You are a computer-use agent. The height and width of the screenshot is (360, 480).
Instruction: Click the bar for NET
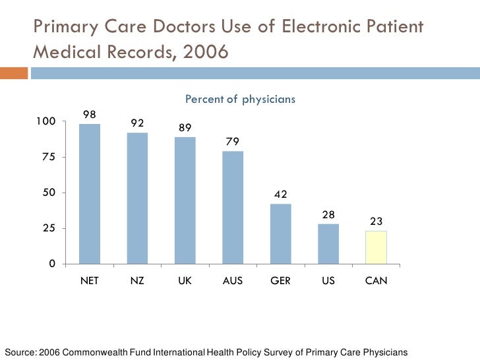pos(90,194)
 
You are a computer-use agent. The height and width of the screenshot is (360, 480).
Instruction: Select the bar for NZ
pos(137,198)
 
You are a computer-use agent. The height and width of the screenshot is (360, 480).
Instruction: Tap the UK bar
pos(185,200)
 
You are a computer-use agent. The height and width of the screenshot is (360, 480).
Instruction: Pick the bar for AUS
pos(233,207)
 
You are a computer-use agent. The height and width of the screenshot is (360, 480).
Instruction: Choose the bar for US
pos(328,243)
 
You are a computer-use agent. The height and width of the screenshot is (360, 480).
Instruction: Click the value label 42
pos(281,195)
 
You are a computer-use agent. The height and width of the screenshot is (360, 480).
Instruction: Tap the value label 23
pos(376,222)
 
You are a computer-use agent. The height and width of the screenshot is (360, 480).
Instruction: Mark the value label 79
pos(233,142)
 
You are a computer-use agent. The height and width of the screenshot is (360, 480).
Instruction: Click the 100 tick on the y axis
pos(45,121)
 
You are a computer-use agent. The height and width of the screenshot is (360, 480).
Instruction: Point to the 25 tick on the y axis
pos(49,228)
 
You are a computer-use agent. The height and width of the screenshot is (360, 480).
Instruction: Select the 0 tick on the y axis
pos(52,264)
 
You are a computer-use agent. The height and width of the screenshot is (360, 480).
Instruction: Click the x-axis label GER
pos(280,281)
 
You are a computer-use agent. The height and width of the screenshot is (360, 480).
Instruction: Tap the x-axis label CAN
pos(376,281)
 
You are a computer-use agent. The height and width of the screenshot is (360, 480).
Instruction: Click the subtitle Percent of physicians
pos(240,100)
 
